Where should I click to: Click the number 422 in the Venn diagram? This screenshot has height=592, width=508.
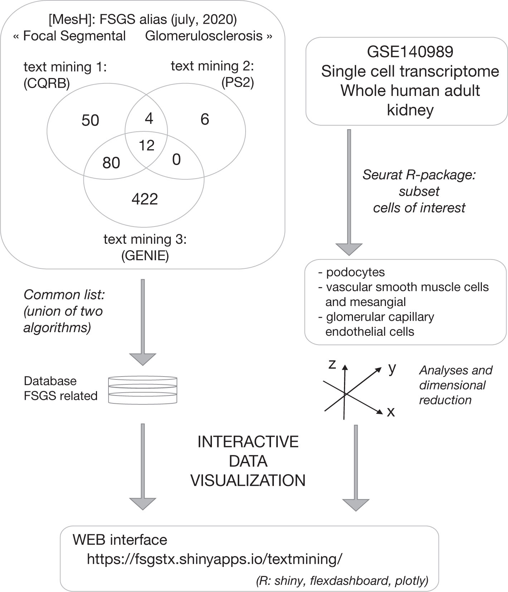[x=145, y=199]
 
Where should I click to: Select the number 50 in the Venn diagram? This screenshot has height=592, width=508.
[x=90, y=120]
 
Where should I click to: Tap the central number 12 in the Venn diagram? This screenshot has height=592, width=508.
[x=146, y=145]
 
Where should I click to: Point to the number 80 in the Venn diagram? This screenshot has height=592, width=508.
[x=111, y=163]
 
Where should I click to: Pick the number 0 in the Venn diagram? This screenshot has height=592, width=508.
[x=176, y=160]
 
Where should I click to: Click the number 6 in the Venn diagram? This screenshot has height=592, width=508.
[x=205, y=119]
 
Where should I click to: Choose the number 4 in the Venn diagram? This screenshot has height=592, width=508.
[x=149, y=118]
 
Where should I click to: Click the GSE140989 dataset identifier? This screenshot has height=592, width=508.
[x=410, y=52]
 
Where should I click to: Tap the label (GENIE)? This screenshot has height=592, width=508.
[x=145, y=256]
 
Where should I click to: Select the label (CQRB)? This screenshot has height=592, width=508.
[x=47, y=83]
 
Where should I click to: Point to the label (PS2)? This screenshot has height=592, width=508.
[x=238, y=83]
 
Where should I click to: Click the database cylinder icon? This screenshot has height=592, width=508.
[x=142, y=390]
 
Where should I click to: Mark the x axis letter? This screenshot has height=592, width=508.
[x=391, y=412]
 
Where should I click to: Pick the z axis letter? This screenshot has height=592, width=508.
[x=332, y=364]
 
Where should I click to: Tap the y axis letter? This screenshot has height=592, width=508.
[x=392, y=368]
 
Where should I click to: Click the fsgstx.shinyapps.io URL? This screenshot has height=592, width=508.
[x=214, y=559]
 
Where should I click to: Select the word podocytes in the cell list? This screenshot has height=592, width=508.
[x=355, y=272]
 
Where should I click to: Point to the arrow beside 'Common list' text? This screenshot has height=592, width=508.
[x=142, y=322]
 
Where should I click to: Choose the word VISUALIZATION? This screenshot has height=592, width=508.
[x=248, y=480]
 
